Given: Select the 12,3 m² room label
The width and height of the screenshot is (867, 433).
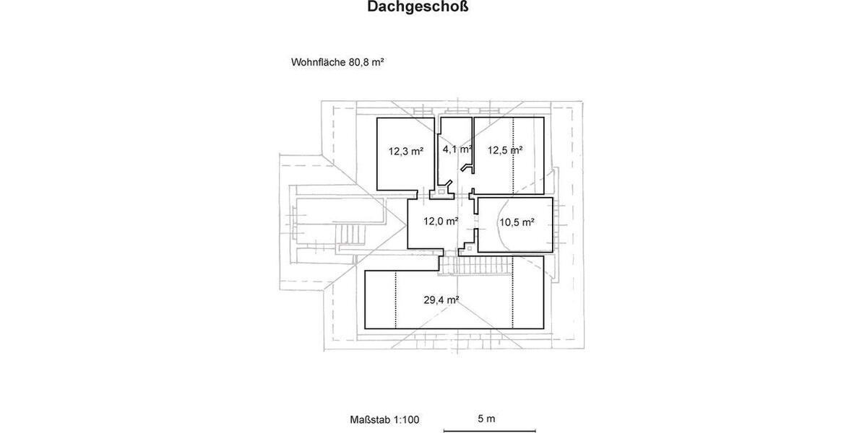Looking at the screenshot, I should [x=405, y=152].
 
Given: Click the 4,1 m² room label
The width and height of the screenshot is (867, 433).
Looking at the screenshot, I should [x=457, y=149].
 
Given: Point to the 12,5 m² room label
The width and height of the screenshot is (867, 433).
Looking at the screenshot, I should [x=504, y=150].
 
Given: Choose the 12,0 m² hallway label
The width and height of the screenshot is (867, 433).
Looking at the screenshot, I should [x=441, y=222].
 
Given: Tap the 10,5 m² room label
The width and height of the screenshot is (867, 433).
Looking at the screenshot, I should [x=517, y=222].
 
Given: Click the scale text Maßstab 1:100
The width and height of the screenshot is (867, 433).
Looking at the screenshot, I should [x=384, y=419].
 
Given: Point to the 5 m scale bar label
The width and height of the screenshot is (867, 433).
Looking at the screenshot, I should [x=486, y=419].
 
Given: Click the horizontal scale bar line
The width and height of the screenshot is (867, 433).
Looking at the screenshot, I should [x=489, y=431].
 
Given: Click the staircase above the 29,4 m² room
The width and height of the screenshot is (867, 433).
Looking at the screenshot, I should [x=477, y=266].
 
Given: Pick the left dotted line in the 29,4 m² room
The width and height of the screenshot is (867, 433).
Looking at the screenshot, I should [x=396, y=299].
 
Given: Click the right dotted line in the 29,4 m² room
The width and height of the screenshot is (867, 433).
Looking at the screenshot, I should [x=513, y=299].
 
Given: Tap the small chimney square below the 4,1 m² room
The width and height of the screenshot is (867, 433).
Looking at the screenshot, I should [x=441, y=193].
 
